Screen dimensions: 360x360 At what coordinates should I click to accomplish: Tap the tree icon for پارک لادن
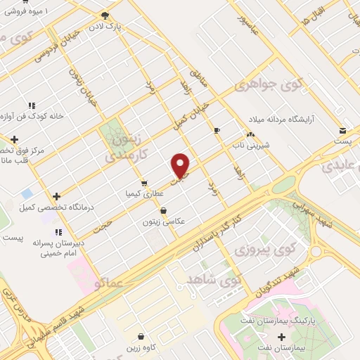tap(105, 15)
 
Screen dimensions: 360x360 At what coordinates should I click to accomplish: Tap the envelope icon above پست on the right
tap(342, 130)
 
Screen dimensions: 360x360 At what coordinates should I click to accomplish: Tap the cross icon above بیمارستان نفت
tap(282, 337)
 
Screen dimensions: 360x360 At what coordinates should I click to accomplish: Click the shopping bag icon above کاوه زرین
tap(141, 337)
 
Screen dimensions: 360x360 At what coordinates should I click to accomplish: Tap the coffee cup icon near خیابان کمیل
tap(217, 130)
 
